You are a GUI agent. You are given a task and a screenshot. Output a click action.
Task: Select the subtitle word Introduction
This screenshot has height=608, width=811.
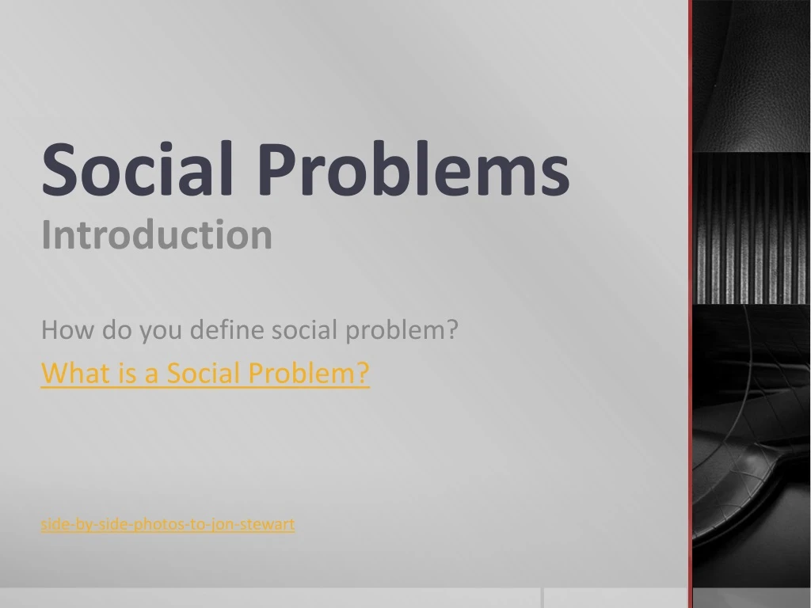click(156, 235)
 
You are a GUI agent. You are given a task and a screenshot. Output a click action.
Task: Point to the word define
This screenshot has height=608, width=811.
click(229, 330)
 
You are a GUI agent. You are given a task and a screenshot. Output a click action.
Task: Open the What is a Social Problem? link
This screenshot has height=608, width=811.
click(204, 372)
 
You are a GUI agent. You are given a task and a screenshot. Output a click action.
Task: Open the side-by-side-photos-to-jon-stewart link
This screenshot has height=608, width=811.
click(167, 524)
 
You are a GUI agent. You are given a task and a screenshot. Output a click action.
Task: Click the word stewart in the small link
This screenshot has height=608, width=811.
click(273, 524)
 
